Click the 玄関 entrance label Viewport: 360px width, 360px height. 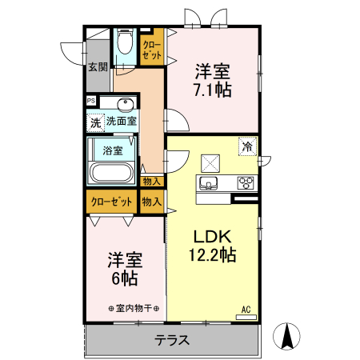coord(98,67)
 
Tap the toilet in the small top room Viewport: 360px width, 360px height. coord(125,42)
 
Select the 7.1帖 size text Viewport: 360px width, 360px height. coord(212,90)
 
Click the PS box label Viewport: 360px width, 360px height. coord(91,101)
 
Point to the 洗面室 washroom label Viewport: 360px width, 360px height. coord(122,122)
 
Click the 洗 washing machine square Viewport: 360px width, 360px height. coord(95,123)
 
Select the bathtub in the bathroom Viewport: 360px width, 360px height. coord(113,174)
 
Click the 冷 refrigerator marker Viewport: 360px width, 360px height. coord(248,146)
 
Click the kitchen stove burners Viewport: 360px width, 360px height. coord(245,183)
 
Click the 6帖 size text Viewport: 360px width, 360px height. coord(125,280)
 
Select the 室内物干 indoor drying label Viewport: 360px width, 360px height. coord(134,309)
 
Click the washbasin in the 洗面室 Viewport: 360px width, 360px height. coord(126,105)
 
